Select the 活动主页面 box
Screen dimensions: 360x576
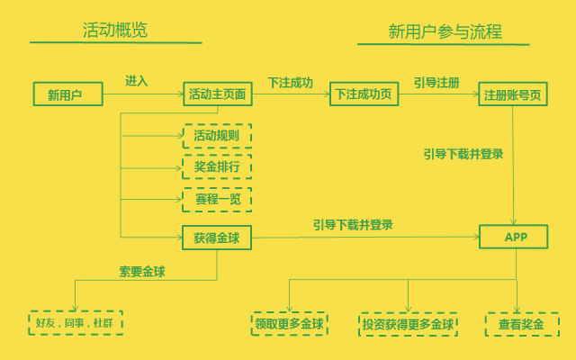[x=217, y=94]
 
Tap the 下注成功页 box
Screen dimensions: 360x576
[x=363, y=94]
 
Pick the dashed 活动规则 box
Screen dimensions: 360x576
[x=217, y=137]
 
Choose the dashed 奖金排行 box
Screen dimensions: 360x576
[x=217, y=168]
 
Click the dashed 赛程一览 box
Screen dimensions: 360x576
[x=217, y=200]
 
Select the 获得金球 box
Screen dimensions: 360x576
[x=217, y=238]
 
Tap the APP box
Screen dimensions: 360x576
[x=514, y=238]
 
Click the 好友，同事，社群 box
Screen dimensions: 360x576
[x=76, y=322]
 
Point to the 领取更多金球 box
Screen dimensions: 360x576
[x=289, y=323]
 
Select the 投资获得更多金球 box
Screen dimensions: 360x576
[x=408, y=324]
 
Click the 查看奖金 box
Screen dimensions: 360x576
[x=520, y=324]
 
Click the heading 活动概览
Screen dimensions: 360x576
[x=115, y=31]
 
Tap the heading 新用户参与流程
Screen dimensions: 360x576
[x=445, y=31]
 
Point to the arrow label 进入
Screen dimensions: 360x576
[x=137, y=81]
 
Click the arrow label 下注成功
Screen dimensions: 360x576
[x=290, y=82]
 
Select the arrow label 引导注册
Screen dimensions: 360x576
[x=436, y=82]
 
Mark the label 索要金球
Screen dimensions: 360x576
[x=142, y=271]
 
